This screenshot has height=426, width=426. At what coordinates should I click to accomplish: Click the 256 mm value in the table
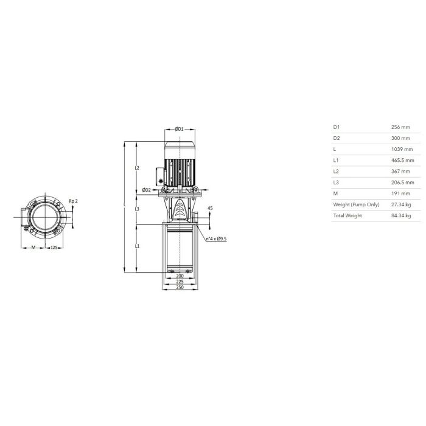pyautogui.click(x=400, y=127)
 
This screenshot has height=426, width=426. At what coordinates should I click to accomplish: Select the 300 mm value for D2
pyautogui.click(x=400, y=138)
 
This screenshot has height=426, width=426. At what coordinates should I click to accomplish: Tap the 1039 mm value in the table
pyautogui.click(x=402, y=149)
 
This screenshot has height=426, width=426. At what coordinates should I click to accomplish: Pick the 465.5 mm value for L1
pyautogui.click(x=403, y=160)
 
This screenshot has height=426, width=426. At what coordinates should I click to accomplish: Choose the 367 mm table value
pyautogui.click(x=400, y=172)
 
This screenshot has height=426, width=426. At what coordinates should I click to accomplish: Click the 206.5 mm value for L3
pyautogui.click(x=403, y=183)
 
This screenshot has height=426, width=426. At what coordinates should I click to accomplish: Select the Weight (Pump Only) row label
pyautogui.click(x=356, y=204)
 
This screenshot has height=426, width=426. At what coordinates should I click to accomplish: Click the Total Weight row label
pyautogui.click(x=347, y=215)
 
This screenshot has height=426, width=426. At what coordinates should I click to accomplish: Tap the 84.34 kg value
pyautogui.click(x=401, y=215)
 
